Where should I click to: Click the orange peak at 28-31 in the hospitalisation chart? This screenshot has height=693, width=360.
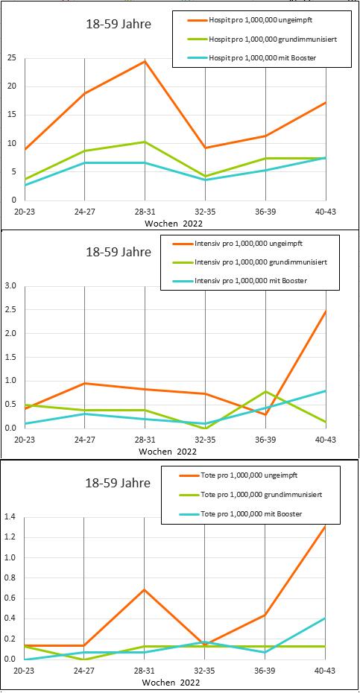tap(145, 61)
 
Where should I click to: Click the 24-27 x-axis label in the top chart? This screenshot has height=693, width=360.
tap(84, 212)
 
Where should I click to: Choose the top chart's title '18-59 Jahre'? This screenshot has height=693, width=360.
tap(118, 25)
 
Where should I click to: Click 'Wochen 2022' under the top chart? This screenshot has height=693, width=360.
tap(174, 224)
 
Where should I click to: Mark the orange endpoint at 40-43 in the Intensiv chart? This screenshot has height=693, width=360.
tap(326, 311)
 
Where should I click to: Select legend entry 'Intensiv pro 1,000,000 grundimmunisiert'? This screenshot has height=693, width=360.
tap(260, 262)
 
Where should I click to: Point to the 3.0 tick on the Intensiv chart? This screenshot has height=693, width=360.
tap(10, 286)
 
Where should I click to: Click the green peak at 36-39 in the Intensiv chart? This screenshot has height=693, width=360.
tap(265, 391)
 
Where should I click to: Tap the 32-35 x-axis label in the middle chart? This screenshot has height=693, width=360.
tap(205, 440)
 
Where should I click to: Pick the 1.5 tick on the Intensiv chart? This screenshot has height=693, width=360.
tap(10, 357)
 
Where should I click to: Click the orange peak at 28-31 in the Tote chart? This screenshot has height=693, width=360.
tap(145, 589)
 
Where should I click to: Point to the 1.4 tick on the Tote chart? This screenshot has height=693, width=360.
tap(10, 516)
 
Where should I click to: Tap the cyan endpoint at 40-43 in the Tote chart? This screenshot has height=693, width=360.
tap(326, 618)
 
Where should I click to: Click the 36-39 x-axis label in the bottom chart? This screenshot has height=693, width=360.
tap(265, 671)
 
